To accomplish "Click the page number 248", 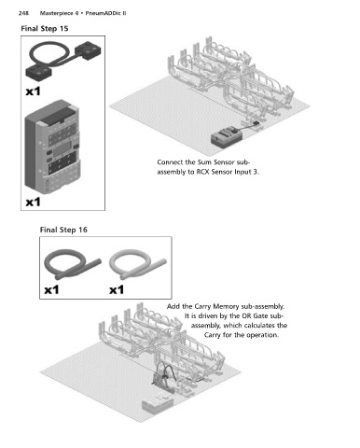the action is [x=23, y=13].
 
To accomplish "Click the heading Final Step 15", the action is [x=45, y=29].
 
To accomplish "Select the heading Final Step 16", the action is [x=63, y=230].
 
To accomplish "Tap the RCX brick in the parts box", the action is [x=52, y=147].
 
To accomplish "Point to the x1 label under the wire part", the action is [x=33, y=91].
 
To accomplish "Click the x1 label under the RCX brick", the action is [x=33, y=203].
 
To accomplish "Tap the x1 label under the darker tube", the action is [x=51, y=290].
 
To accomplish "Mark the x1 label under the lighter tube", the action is [x=117, y=290].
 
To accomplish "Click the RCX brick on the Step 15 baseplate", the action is [x=227, y=138].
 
